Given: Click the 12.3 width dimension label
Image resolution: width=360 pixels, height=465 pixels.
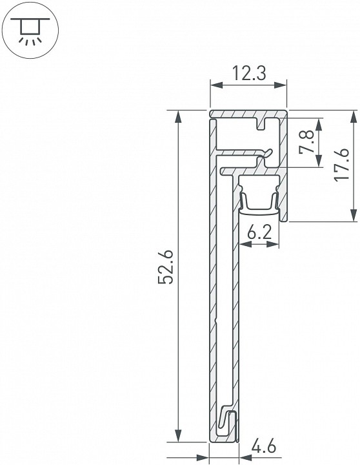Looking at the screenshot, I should [x=248, y=74].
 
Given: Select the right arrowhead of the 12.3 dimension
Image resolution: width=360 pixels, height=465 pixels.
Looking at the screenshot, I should [x=283, y=85].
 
